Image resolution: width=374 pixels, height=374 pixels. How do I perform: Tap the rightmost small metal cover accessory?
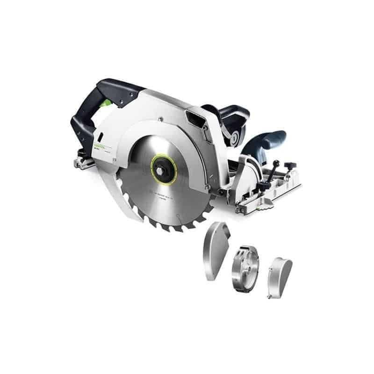(x=280, y=279)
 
